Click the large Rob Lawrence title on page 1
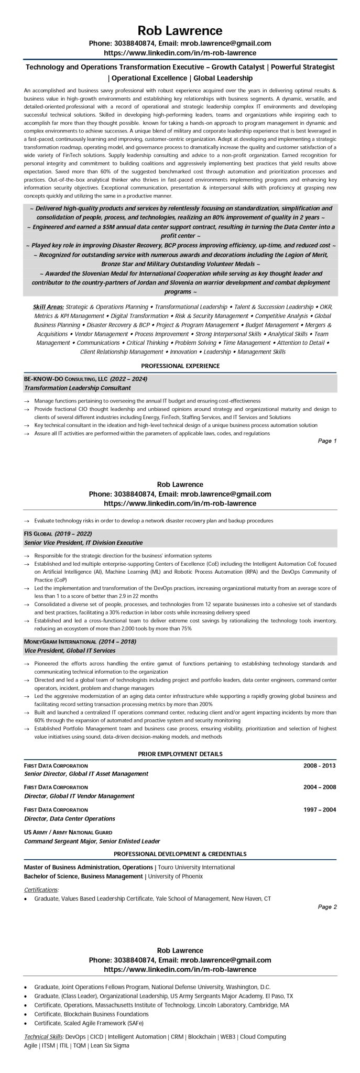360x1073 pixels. [x=180, y=30]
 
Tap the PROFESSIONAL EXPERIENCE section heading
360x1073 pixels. [x=180, y=366]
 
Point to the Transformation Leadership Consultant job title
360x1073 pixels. [x=77, y=388]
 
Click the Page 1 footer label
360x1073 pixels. [x=327, y=441]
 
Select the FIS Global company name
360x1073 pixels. [x=38, y=533]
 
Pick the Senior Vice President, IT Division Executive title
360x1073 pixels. [x=83, y=542]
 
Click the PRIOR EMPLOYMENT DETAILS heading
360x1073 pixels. [x=180, y=754]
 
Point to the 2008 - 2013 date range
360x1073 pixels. [x=319, y=765]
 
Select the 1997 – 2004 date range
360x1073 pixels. [x=319, y=809]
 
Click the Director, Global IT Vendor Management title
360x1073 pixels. [x=79, y=796]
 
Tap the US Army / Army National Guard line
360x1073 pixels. [x=68, y=832]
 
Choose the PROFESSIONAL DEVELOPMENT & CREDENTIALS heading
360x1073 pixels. [x=180, y=854]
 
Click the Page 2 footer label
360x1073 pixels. [x=327, y=907]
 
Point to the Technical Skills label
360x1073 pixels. [x=43, y=1036]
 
